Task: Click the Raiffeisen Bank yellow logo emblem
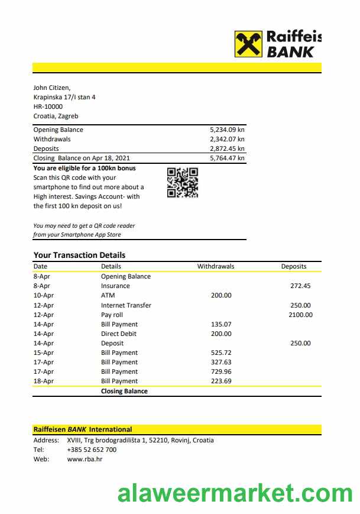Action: coord(248,44)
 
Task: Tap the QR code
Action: coord(183,182)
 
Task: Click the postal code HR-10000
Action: coord(48,106)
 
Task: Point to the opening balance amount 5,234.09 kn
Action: coord(227,130)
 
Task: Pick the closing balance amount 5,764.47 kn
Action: coord(227,158)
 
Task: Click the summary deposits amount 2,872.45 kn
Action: coord(227,148)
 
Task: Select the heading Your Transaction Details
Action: coord(79,255)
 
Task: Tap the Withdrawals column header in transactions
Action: coord(215,266)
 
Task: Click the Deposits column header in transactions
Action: coord(294,266)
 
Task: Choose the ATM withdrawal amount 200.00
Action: coord(221,295)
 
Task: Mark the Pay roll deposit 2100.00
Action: coord(300,315)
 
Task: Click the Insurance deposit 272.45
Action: coord(300,286)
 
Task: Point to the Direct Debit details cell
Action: coord(118,334)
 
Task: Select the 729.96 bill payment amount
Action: coord(221,371)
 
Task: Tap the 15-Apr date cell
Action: coord(44,353)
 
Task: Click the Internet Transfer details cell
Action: coord(126,305)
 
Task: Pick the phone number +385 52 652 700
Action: coord(92,450)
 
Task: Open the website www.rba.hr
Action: coord(85,459)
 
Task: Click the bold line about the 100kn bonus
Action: coord(85,168)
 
